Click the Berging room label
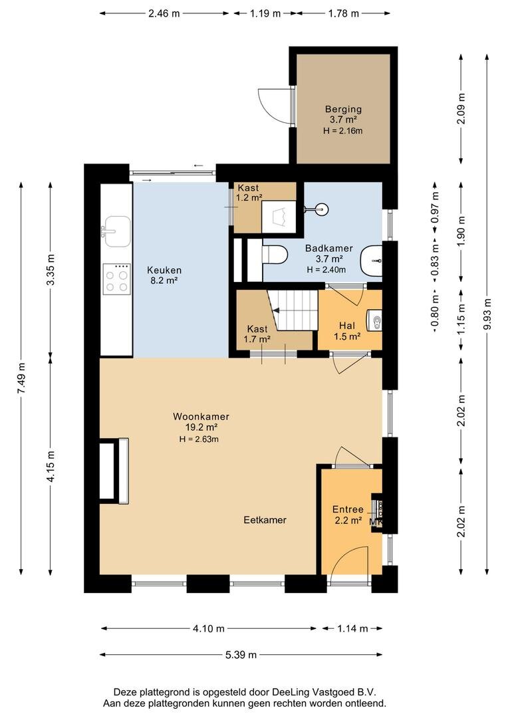coord(343,109)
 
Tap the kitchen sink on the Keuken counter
coord(116,231)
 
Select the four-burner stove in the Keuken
coord(116,279)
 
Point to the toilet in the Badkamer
coord(274,255)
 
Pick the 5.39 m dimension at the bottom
coord(241,655)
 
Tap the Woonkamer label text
coord(201,416)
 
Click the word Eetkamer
coord(265,520)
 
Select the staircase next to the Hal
coord(293,309)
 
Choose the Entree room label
coord(348,509)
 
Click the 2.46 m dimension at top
coord(164,13)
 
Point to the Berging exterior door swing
coord(269,105)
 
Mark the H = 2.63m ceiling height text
coord(199,439)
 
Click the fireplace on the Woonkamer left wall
coord(114,471)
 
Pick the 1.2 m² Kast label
coord(249,193)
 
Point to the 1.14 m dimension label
coord(352,629)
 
